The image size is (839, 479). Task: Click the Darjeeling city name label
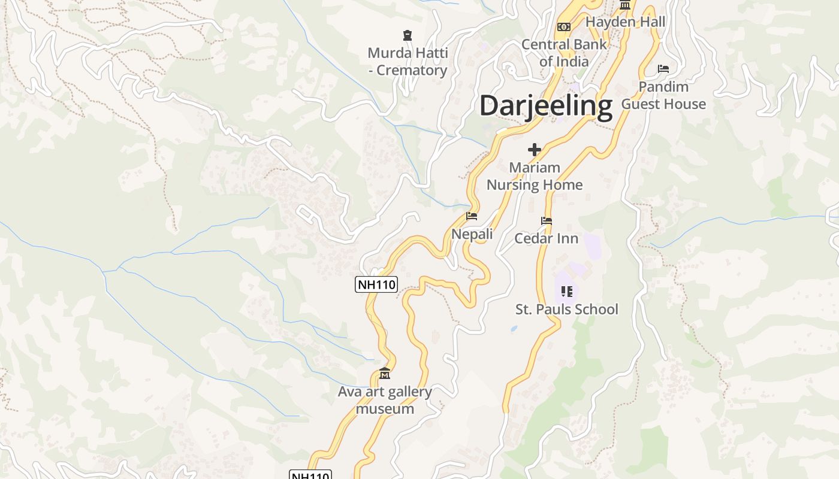pos(546,106)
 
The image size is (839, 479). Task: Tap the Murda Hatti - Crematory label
pos(408,62)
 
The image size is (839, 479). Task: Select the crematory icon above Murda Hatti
pos(408,35)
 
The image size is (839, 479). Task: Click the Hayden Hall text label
pos(625,22)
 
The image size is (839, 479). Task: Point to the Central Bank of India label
pos(564,53)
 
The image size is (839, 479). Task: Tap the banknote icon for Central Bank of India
pos(563,27)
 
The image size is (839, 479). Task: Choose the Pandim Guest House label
pos(663,95)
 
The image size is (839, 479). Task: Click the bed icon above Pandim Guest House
pos(663,69)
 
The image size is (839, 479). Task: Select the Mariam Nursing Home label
pos(534,176)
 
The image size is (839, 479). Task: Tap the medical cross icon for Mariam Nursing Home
pos(534,150)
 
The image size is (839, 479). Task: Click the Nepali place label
pos(472,234)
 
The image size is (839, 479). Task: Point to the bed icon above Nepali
pos(472,216)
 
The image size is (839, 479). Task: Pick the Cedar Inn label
pos(546,238)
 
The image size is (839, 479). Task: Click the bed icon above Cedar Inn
pos(546,221)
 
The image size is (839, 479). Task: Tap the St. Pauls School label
pos(566,310)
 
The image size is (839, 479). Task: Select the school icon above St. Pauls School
pos(566,292)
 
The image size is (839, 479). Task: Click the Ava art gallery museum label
pos(385,401)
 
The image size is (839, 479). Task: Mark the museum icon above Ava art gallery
pos(385,374)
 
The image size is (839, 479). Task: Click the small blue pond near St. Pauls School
pos(514,329)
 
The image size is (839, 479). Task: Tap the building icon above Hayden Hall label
pos(625,5)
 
